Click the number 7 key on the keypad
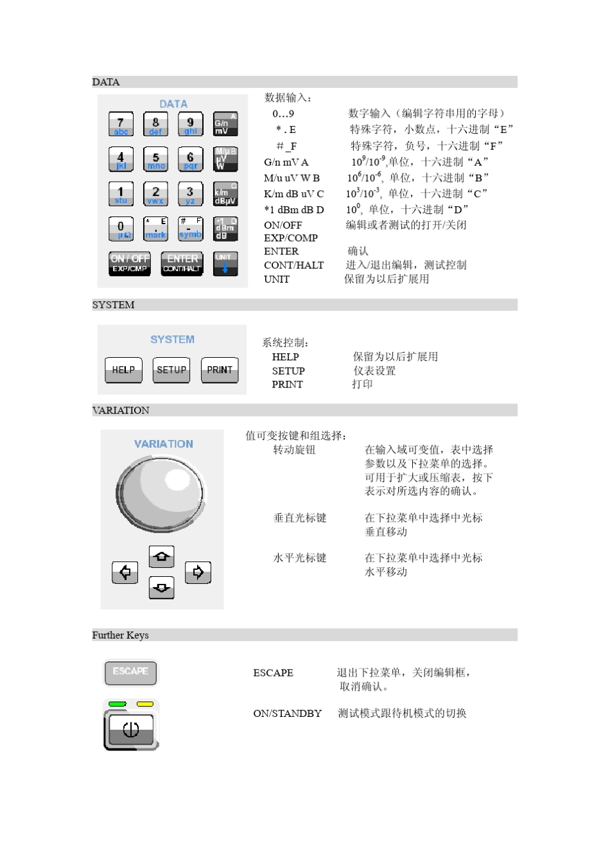[x=121, y=124]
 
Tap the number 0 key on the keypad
[x=121, y=229]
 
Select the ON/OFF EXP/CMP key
[x=130, y=263]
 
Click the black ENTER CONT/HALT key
[x=182, y=263]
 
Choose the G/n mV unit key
[x=225, y=124]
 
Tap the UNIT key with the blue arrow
[x=225, y=263]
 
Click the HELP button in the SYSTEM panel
[x=123, y=370]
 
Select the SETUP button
[x=171, y=370]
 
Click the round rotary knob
[x=161, y=493]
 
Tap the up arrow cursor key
[x=161, y=556]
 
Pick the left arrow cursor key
[x=125, y=572]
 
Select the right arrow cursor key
[x=198, y=572]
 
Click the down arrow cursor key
[x=161, y=586]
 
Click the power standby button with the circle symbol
[x=130, y=730]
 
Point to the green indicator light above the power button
[x=118, y=704]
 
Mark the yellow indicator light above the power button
[x=145, y=704]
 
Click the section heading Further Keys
[x=120, y=635]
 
